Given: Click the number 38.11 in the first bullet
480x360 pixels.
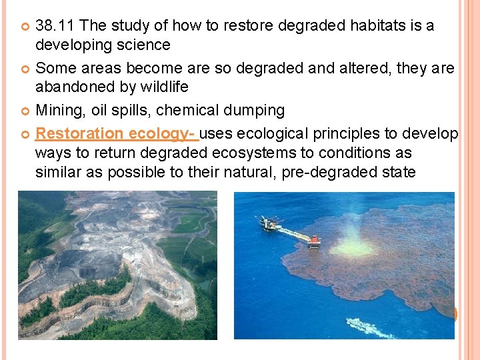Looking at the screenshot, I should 55,26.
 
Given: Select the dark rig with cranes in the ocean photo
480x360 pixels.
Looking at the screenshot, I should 269,223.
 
